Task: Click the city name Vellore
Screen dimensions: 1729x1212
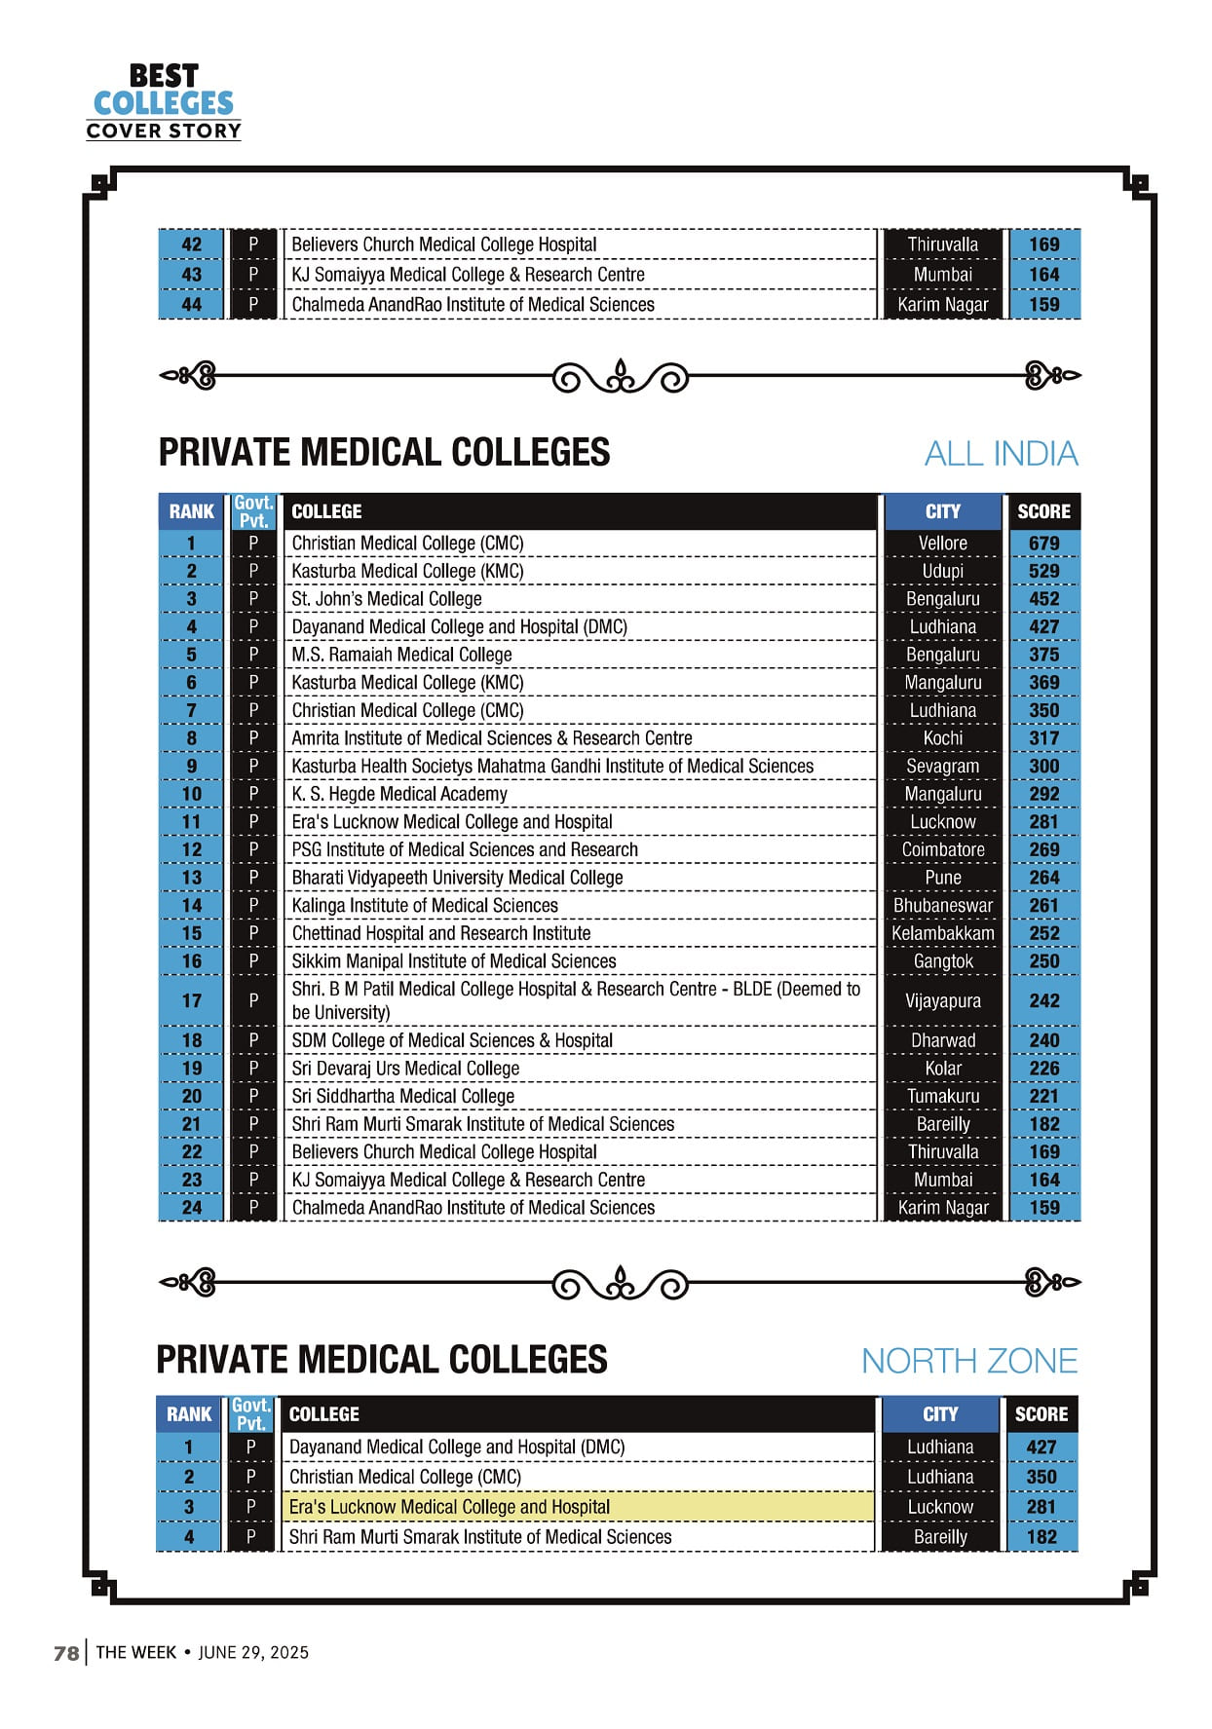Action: point(942,544)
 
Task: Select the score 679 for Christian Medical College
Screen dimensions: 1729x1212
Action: point(1043,544)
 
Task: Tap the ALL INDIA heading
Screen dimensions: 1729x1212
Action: point(1001,454)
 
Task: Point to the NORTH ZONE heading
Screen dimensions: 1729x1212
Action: point(969,1361)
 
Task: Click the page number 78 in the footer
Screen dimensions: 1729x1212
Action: point(66,1653)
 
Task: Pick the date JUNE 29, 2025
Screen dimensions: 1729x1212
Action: point(253,1653)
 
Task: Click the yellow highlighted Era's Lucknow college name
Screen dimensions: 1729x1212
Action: point(449,1507)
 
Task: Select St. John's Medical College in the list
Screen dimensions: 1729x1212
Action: point(387,599)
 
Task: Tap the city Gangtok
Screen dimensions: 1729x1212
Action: point(942,961)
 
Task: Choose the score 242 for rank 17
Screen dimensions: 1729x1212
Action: point(1043,1000)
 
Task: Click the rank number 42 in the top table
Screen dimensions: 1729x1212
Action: point(192,244)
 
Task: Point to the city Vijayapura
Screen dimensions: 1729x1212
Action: point(942,1000)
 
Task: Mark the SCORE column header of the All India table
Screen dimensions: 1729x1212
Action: point(1043,511)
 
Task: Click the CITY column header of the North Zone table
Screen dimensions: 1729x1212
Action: point(940,1414)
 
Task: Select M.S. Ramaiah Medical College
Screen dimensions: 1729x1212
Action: point(401,655)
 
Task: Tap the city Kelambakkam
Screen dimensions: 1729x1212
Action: point(942,933)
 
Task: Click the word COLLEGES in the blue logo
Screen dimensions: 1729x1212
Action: point(164,103)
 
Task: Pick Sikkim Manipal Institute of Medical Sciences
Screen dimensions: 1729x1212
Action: point(454,961)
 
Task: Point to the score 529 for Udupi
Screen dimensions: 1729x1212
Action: point(1043,571)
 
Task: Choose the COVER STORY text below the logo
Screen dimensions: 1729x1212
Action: point(164,132)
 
